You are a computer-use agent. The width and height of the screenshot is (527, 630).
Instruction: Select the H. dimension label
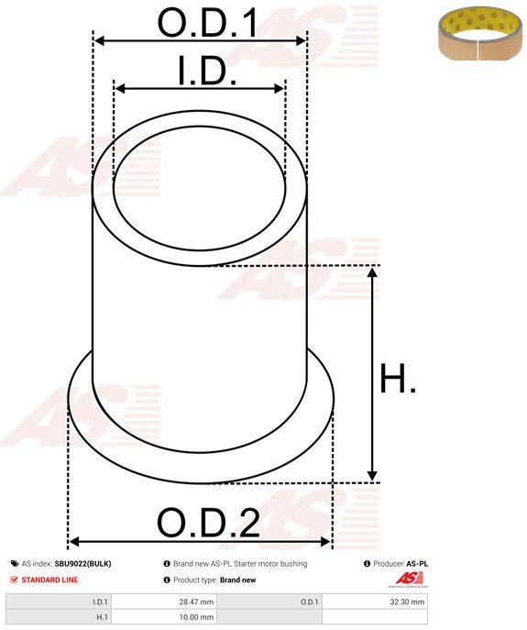398,378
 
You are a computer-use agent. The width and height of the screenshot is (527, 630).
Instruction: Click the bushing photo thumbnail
479,33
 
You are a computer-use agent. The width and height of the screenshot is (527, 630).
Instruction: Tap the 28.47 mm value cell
163,602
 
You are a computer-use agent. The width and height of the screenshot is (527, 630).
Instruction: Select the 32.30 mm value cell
375,602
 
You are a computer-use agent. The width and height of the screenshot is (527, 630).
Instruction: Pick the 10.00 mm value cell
163,617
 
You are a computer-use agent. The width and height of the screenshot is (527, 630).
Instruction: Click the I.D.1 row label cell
59,602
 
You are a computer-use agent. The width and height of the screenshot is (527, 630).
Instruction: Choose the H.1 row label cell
59,617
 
